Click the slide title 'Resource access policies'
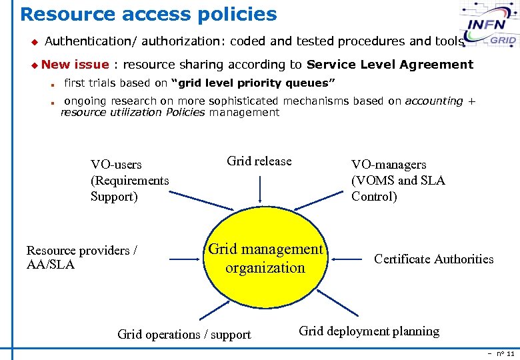pos(148,14)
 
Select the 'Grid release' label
pos(259,161)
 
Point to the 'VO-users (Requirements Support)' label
pos(130,180)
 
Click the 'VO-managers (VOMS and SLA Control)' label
pos(398,180)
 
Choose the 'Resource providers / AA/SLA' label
pos(81,257)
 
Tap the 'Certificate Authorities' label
pos(433,259)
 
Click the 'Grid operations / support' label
pos(184,334)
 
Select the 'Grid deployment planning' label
pos(369,331)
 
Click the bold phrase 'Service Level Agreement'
pos(389,65)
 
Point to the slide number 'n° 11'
pos(505,353)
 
